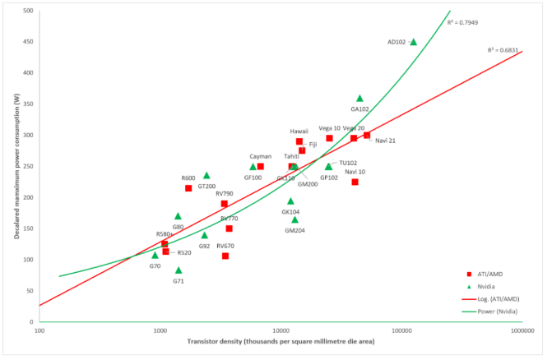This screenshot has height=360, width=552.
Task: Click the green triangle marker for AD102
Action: tap(413, 42)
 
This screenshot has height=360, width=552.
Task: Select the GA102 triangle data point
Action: tap(359, 99)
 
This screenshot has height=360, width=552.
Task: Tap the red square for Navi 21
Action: tap(367, 135)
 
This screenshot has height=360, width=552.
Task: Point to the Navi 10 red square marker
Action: tap(355, 182)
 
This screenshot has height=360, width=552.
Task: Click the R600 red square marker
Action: tap(188, 188)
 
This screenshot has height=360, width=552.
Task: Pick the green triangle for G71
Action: tap(179, 270)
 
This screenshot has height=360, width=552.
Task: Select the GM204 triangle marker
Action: tap(295, 219)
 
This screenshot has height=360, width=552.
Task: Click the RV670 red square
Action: tap(225, 256)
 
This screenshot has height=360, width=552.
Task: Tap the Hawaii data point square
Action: tap(299, 141)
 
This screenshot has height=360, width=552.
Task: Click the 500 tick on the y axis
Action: tap(28, 11)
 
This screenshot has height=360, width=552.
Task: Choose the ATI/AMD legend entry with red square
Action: tap(485, 274)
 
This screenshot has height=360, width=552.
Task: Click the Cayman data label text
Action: tap(260, 156)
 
